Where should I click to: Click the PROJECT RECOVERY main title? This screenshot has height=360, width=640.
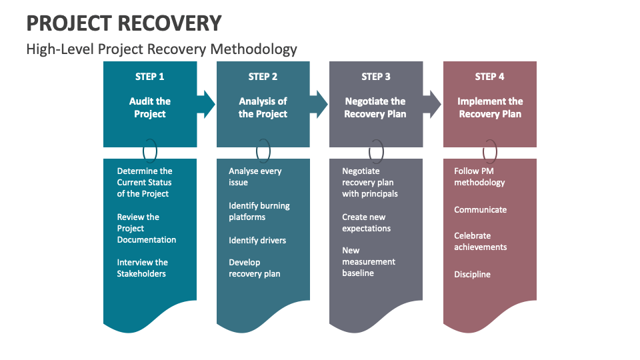(123, 23)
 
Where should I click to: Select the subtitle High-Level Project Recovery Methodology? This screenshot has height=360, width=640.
(161, 49)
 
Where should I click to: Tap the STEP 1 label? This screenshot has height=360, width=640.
(150, 77)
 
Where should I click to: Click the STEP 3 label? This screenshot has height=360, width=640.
(376, 77)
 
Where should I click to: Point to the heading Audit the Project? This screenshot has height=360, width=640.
(150, 107)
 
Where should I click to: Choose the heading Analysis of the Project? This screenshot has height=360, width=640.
(263, 107)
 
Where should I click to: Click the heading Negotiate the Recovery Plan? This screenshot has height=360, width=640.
(375, 107)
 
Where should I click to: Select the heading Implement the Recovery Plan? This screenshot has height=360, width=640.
(490, 107)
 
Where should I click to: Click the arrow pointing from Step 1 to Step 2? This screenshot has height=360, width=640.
(206, 104)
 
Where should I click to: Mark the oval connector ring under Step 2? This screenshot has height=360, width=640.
(263, 151)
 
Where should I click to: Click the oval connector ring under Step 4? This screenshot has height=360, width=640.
(490, 151)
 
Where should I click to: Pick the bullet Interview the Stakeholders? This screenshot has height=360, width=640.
(142, 268)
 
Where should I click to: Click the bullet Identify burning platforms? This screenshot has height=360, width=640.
(259, 211)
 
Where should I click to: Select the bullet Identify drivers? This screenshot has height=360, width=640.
(257, 240)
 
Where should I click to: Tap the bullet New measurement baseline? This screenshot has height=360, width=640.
(369, 262)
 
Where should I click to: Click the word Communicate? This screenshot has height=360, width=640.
(481, 209)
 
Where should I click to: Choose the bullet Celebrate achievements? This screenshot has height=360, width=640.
(481, 241)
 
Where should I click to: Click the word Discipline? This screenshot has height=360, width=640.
(472, 274)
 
